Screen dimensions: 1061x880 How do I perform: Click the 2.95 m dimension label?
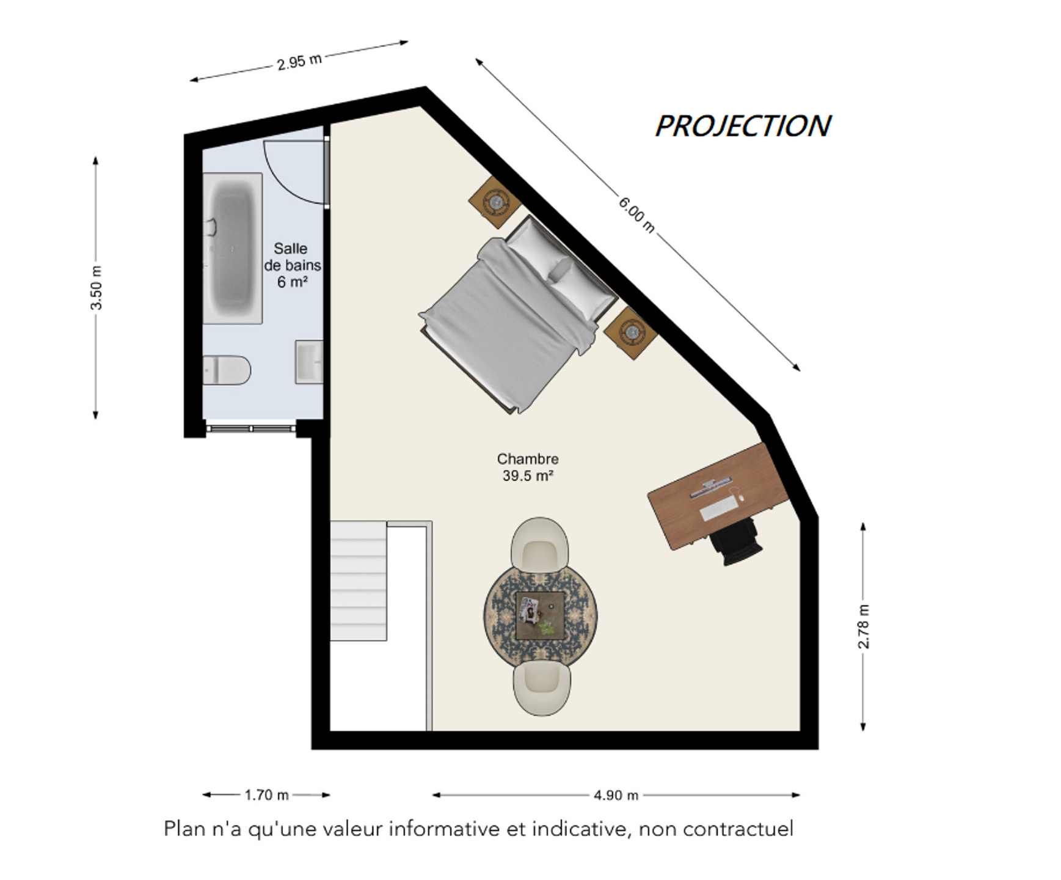[x=299, y=62]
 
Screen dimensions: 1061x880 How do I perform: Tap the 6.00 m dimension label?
[x=636, y=215]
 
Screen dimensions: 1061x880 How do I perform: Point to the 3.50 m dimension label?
[x=97, y=288]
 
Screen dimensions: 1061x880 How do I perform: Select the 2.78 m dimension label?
[x=864, y=626]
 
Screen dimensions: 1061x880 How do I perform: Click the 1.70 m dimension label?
[x=266, y=795]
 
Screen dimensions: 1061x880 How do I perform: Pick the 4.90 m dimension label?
[x=616, y=795]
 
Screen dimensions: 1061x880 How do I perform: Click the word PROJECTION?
[x=743, y=126]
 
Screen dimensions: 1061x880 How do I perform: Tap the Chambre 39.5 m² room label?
[x=528, y=467]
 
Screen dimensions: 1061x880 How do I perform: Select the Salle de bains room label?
[x=292, y=265]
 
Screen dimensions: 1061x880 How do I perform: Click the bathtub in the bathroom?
[x=233, y=248]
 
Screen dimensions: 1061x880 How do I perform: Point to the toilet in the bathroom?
[x=227, y=370]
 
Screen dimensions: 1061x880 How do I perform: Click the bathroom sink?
[x=309, y=362]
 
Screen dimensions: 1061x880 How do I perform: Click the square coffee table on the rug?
[x=540, y=616]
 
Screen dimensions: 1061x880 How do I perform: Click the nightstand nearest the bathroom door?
[x=495, y=202]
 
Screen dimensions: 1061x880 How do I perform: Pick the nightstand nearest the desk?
[x=631, y=333]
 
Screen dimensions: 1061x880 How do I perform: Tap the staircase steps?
[x=359, y=581]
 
